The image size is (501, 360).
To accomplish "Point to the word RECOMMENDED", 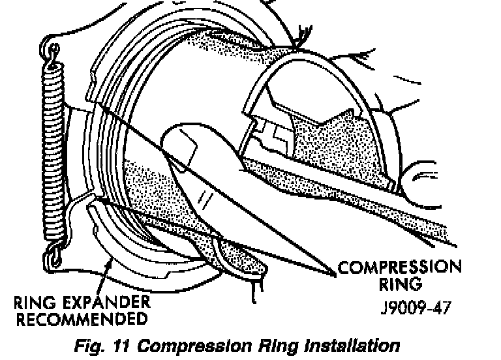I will (x=81, y=319).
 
